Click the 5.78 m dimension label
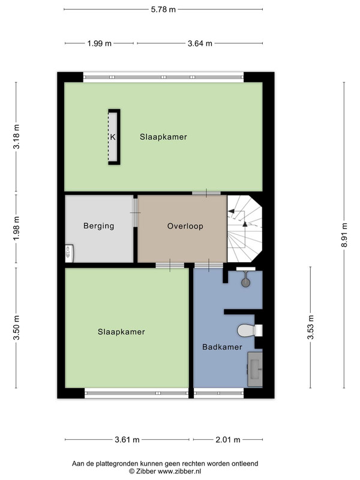point(163,10)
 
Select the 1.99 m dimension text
point(100,43)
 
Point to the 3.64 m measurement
point(200,43)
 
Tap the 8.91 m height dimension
point(344,235)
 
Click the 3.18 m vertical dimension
point(16,137)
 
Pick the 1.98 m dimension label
point(16,228)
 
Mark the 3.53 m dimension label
point(311,327)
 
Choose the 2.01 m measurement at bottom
point(228,440)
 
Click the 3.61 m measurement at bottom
point(127,440)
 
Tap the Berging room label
point(98,226)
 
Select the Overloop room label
point(185,226)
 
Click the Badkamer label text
point(222,347)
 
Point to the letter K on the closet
point(113,137)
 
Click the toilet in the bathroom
point(250,331)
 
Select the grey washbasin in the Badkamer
point(255,369)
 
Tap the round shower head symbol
point(245,282)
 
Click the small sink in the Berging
point(70,253)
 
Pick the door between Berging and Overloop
point(136,213)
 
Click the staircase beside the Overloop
point(245,229)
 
